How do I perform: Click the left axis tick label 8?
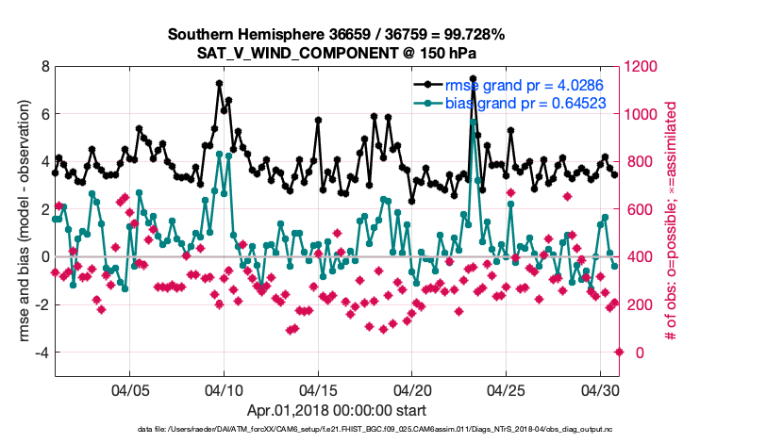[x=45, y=67]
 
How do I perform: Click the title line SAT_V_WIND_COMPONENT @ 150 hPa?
[x=337, y=53]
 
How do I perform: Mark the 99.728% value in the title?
[x=472, y=35]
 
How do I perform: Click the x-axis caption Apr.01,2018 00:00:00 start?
[x=337, y=410]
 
